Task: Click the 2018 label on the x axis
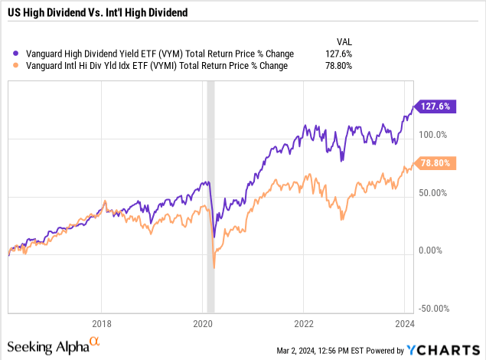pos(102,323)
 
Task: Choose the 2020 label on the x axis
pos(203,323)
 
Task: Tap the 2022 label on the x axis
pos(304,323)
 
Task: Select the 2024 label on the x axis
pos(405,323)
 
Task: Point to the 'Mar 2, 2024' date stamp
pos(299,351)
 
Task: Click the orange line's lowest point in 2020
pos(214,267)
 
